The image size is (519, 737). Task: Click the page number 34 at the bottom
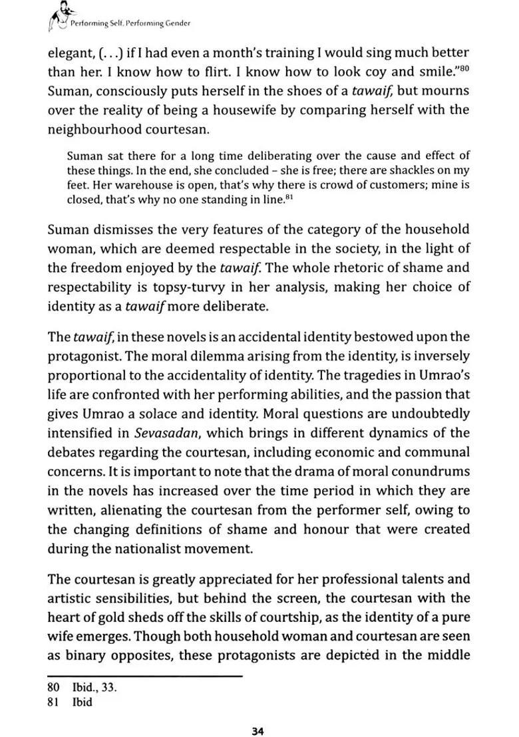click(x=259, y=713)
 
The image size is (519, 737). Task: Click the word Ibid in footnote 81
click(x=82, y=702)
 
